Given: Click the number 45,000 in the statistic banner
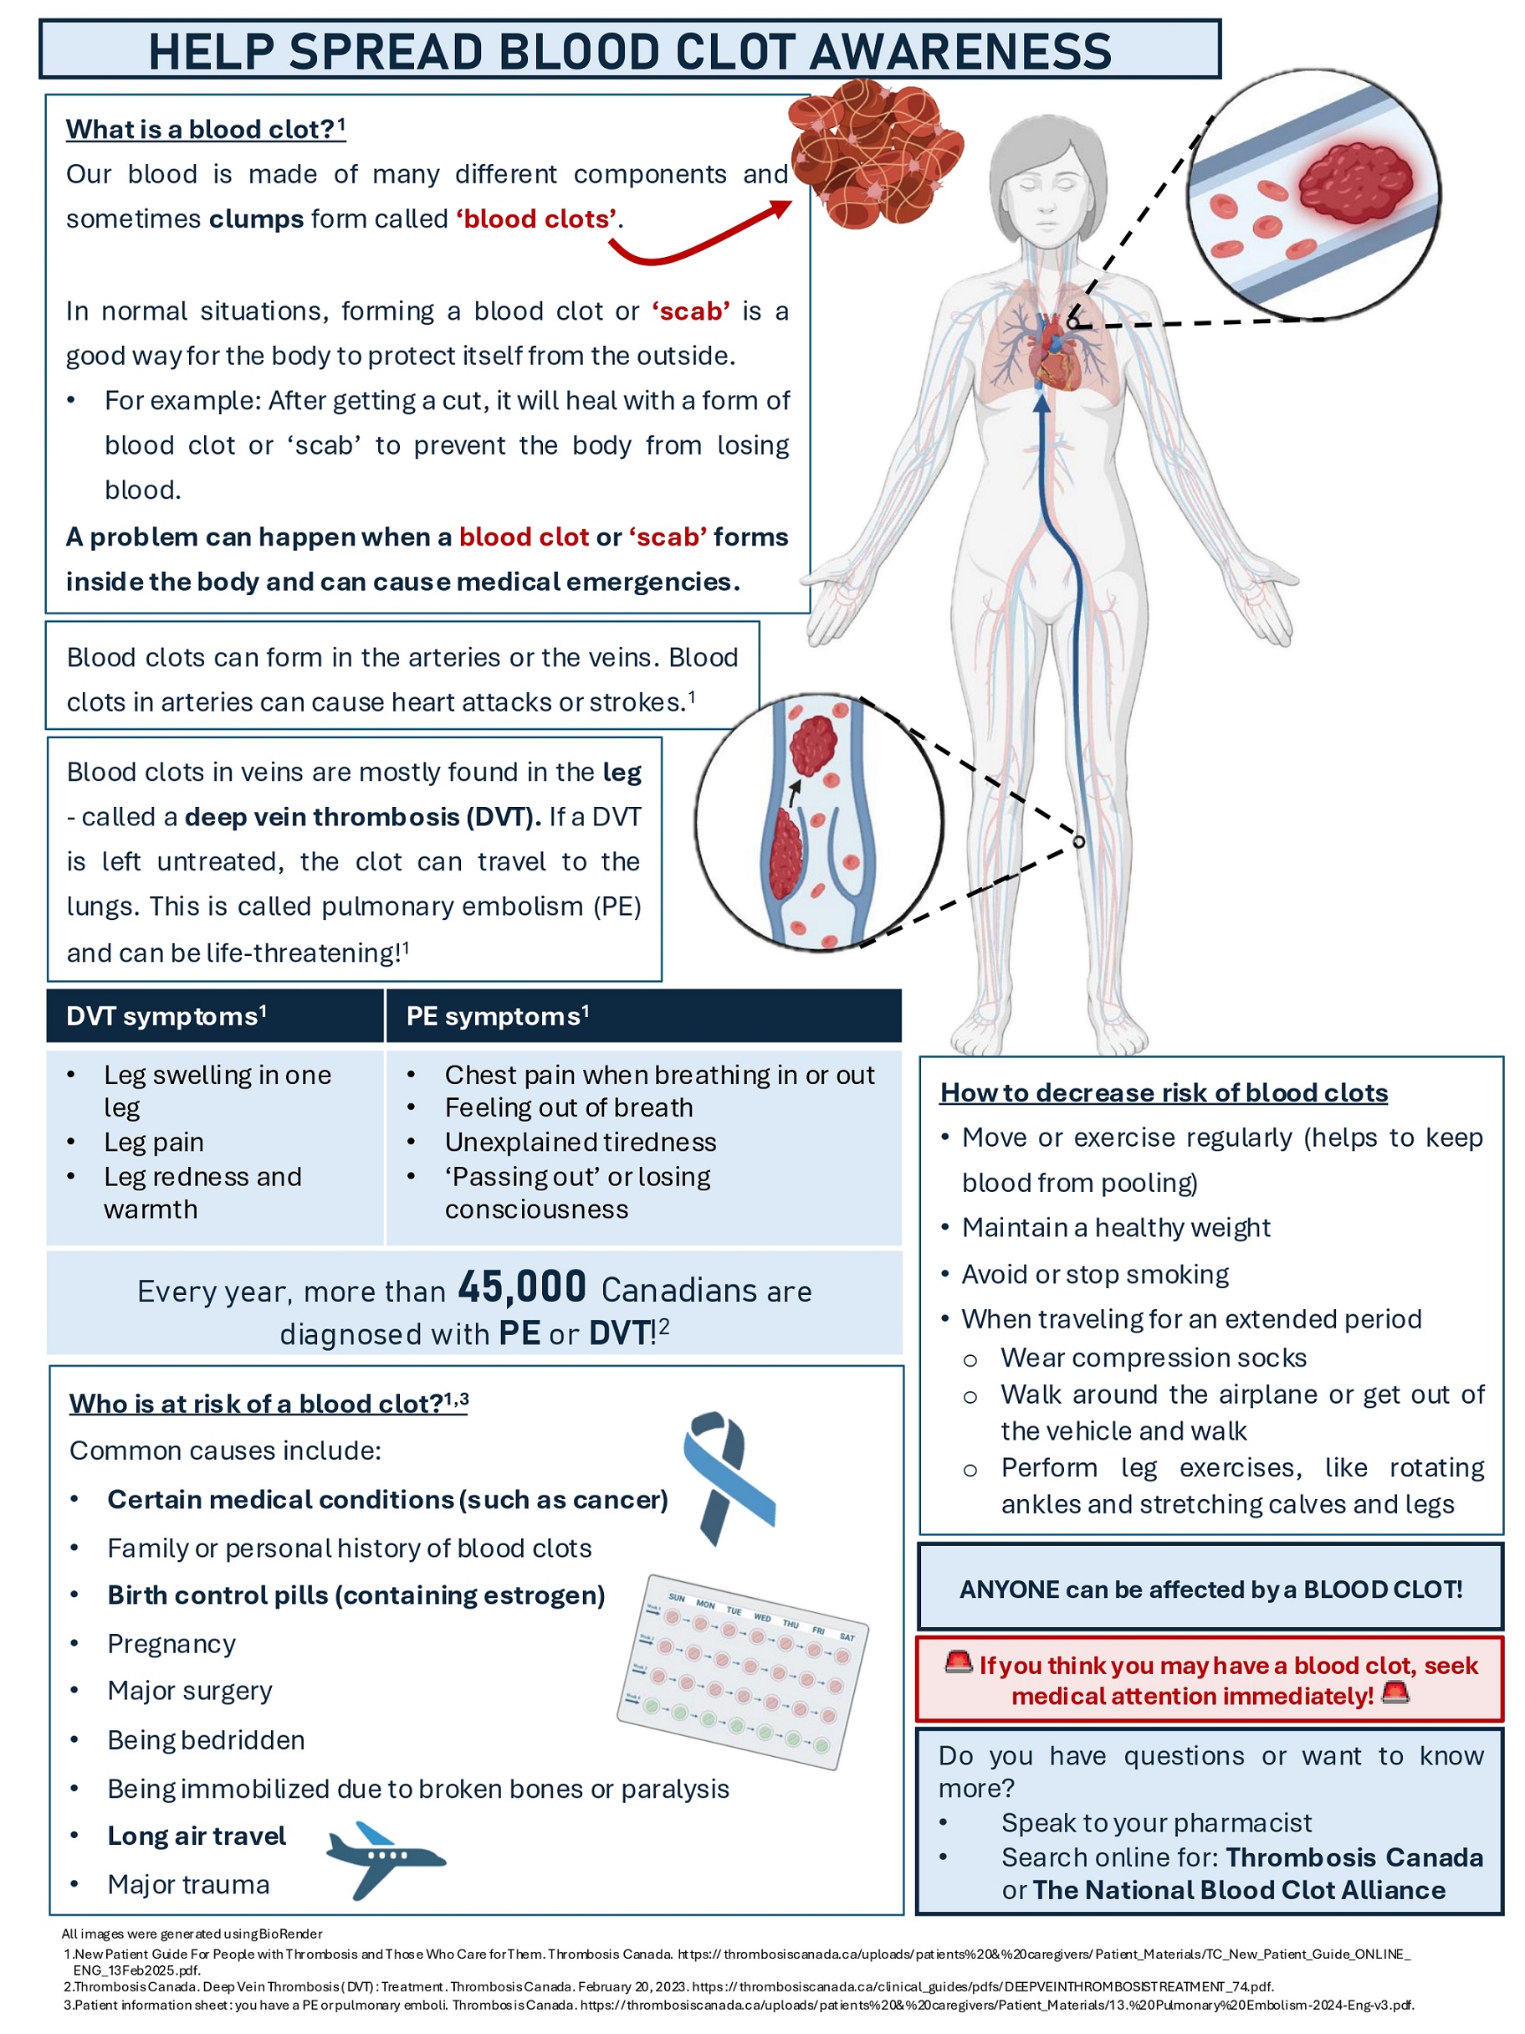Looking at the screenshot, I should click(x=521, y=1287).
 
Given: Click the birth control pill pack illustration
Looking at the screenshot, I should click(x=743, y=1670).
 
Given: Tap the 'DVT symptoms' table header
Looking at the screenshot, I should click(x=166, y=1016).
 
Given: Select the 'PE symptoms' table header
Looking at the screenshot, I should click(x=497, y=1016).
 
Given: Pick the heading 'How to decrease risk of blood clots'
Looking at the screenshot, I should click(x=1163, y=1092).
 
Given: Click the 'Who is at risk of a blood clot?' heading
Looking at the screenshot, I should click(x=268, y=1404).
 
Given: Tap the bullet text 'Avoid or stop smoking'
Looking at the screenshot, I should click(x=1095, y=1275).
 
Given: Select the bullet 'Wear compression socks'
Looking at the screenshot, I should click(x=1153, y=1359).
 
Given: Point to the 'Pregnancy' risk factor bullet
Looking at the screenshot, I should click(x=171, y=1644).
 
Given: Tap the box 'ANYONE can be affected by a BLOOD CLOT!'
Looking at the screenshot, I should click(x=1210, y=1590).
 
